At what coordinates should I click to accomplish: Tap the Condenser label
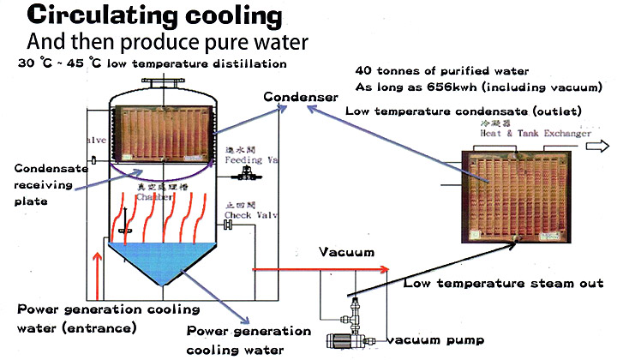(x=301, y=97)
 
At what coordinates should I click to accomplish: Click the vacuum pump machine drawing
(x=347, y=334)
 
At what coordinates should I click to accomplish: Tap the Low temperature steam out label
(x=504, y=283)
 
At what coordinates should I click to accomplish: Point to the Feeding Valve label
(x=249, y=159)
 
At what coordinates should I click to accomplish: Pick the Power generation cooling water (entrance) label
(x=107, y=318)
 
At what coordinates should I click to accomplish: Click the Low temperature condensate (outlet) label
(x=463, y=111)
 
